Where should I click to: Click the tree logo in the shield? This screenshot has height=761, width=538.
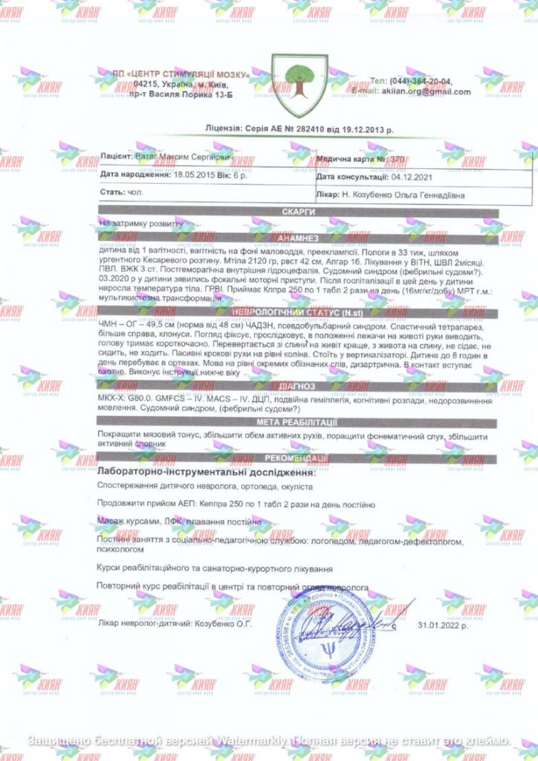(x=299, y=82)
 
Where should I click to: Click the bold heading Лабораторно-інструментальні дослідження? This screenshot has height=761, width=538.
(x=207, y=472)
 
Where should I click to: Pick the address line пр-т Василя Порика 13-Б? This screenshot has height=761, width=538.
(x=180, y=95)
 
